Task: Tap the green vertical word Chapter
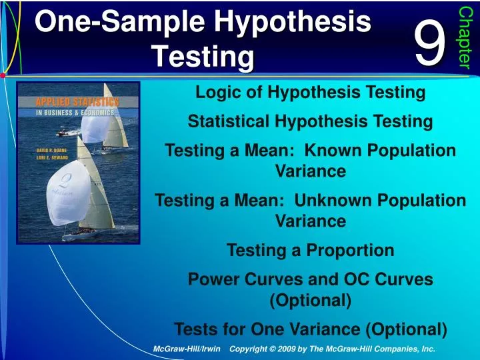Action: [x=465, y=37]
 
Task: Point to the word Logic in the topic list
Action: [x=215, y=93]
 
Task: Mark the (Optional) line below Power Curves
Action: [x=310, y=300]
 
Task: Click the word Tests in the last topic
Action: [x=195, y=329]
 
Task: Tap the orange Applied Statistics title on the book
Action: [x=69, y=102]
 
